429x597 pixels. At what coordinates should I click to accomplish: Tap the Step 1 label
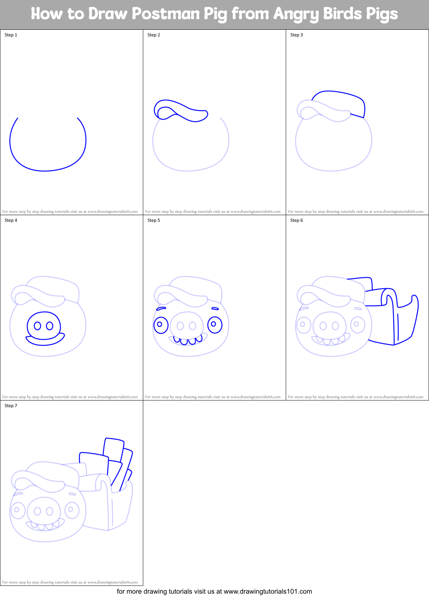tap(11, 35)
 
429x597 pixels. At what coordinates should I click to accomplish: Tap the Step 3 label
tap(297, 35)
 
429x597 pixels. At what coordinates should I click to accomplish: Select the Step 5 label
tap(154, 220)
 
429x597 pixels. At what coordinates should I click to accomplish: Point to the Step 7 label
tap(11, 406)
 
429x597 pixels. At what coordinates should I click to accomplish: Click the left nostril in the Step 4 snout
tap(37, 326)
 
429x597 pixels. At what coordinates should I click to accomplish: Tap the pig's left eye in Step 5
tap(161, 325)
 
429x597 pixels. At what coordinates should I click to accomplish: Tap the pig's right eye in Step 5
tap(215, 324)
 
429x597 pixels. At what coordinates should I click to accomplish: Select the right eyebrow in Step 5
tap(215, 308)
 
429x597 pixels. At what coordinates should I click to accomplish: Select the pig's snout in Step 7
tap(44, 511)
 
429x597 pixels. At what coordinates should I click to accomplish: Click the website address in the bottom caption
tap(268, 591)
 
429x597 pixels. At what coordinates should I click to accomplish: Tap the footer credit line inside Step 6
tap(356, 397)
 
